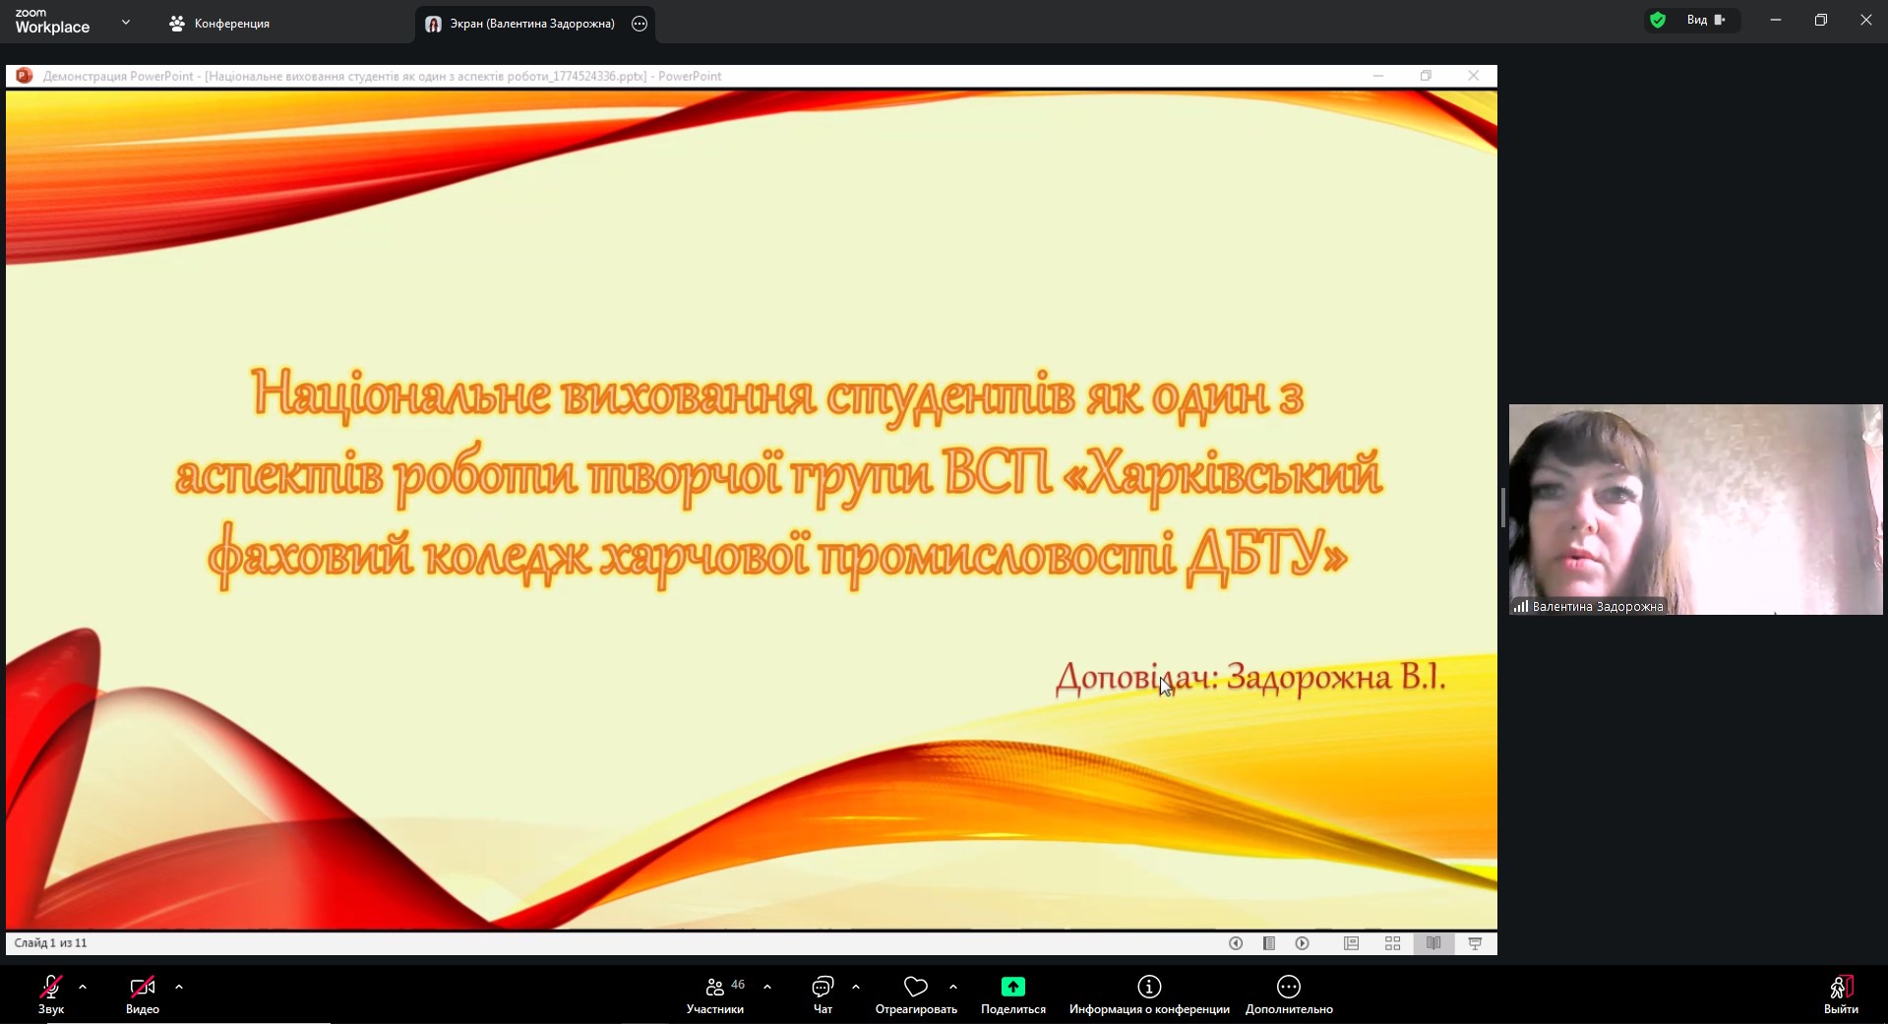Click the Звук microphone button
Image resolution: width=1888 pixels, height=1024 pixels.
coord(51,994)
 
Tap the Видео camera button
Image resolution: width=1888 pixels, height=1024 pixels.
coord(143,994)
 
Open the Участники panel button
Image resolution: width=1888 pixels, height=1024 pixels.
coord(715,994)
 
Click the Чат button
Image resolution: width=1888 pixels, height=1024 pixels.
coord(822,994)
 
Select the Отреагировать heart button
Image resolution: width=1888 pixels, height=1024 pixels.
coord(916,994)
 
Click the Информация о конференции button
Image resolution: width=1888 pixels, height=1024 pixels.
coord(1149,994)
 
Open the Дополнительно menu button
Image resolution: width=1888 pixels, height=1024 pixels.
coord(1289,994)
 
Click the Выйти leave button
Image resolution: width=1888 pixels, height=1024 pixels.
coord(1841,994)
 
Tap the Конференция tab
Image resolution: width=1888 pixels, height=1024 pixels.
coord(219,24)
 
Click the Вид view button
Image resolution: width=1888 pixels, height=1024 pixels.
coord(1706,20)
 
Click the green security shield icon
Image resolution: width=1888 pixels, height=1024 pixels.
coord(1658,20)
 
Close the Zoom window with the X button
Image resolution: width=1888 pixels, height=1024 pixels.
coord(1865,20)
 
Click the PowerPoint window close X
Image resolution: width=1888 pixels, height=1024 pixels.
coord(1473,76)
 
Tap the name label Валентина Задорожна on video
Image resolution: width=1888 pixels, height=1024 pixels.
coord(1598,607)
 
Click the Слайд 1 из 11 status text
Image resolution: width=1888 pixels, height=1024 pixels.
coord(50,943)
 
